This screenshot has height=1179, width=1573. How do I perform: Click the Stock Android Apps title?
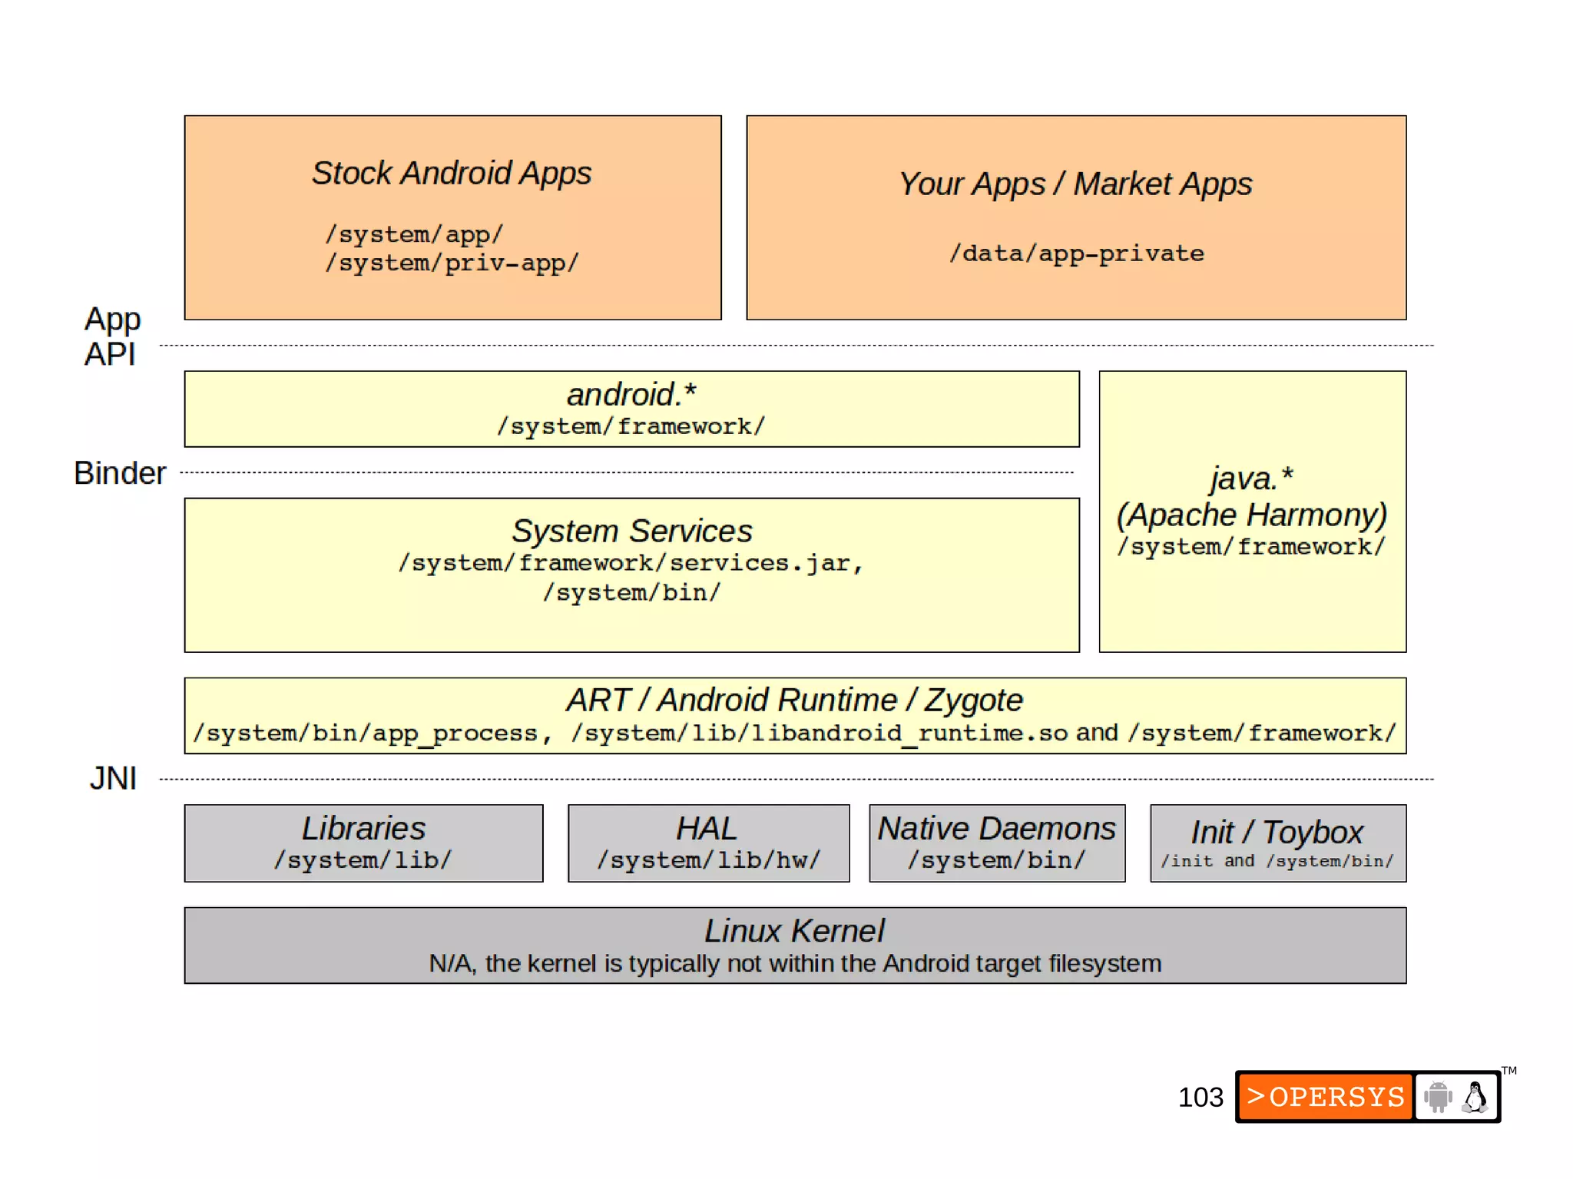coord(452,174)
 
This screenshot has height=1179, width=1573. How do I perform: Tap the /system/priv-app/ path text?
coord(452,263)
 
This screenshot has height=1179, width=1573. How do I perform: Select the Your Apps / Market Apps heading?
coord(1075,184)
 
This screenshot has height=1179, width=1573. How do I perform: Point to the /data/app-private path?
coord(1076,253)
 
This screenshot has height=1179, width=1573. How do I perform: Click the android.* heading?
coord(631,395)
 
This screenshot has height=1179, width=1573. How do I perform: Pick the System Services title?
coord(631,532)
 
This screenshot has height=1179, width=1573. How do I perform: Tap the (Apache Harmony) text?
coord(1252,515)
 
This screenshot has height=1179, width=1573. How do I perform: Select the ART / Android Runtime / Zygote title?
coord(794,700)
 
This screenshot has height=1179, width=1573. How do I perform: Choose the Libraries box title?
coord(363,829)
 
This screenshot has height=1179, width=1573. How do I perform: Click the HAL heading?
coord(707,829)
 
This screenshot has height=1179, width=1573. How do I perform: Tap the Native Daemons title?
coord(996,829)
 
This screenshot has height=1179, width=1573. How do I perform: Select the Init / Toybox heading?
coord(1277,833)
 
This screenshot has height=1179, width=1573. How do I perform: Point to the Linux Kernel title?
coord(794,931)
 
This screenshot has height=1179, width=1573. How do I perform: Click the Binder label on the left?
coord(120,473)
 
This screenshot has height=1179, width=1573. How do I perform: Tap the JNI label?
coord(113,778)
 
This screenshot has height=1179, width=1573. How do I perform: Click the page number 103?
coord(1200,1097)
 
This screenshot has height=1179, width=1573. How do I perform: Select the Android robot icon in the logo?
coord(1438,1097)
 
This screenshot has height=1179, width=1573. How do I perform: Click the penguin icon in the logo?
coord(1475,1097)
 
